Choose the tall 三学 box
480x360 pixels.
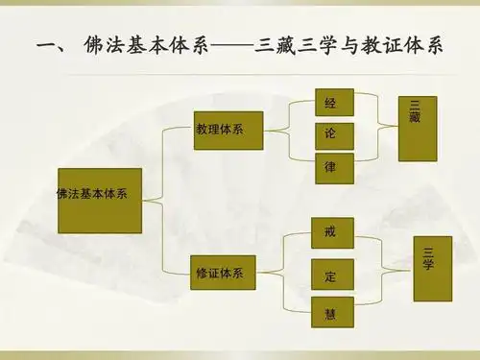click(432, 267)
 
